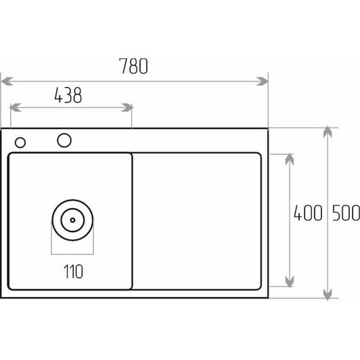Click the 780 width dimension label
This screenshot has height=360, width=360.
[133, 66]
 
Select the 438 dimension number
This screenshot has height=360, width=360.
[68, 95]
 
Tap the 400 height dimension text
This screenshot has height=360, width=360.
[308, 213]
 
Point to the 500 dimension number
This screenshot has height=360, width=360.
[346, 213]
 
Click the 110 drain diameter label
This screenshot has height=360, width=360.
[73, 272]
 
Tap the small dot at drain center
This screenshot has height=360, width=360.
[73, 220]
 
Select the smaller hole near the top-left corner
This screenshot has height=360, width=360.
[20, 143]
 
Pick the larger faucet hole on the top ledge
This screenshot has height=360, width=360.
[65, 140]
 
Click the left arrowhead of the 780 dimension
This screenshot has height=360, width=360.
[7, 81]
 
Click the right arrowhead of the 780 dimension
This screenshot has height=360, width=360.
[262, 81]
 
